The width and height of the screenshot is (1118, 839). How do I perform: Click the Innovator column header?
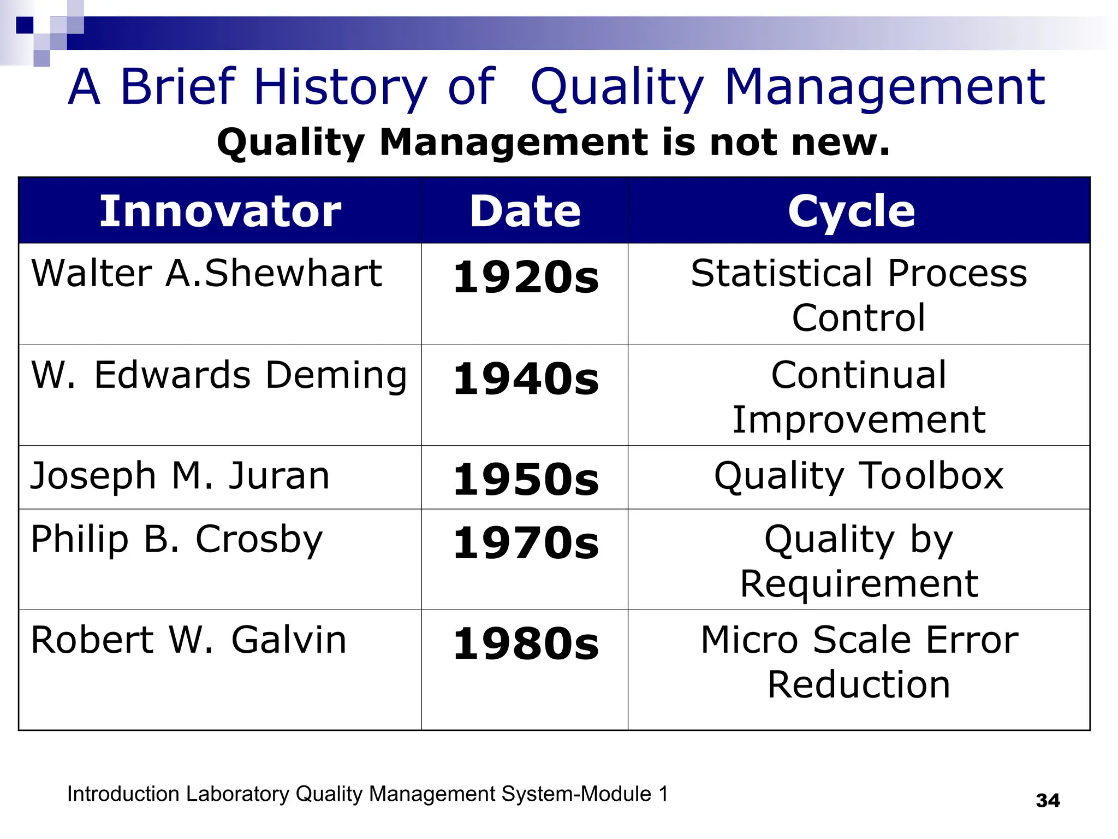pos(220,211)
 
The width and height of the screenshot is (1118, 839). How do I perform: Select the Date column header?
pos(525,211)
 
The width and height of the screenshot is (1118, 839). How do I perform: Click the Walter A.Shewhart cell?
pos(206,273)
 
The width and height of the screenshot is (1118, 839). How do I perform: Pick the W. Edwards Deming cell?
pos(219,375)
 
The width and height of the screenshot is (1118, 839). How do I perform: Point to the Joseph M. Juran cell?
pos(180,476)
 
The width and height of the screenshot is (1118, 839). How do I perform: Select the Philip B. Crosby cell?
pos(177,540)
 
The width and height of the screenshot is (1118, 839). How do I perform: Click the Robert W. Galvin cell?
pos(189,640)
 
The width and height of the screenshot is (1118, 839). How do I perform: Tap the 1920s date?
pos(526,277)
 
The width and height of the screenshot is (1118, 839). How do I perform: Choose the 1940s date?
pos(526,379)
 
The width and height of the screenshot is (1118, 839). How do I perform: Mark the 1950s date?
pos(526,480)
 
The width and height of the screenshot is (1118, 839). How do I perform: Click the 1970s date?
pos(526,543)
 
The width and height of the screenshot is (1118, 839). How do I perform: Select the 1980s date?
pos(526,643)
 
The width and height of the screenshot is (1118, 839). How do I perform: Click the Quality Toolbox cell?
pos(859,476)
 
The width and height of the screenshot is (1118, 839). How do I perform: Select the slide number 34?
pos(1048,801)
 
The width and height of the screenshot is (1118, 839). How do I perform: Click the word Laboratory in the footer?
pos(237,794)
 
